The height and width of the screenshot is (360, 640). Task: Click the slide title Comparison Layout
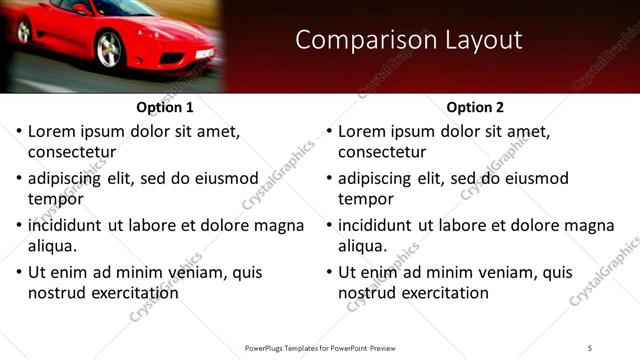[409, 40]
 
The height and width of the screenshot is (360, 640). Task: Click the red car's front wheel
[109, 49]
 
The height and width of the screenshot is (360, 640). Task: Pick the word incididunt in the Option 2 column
[376, 225]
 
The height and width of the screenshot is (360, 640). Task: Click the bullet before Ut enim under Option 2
[327, 272]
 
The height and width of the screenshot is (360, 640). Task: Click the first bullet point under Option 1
[17, 131]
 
